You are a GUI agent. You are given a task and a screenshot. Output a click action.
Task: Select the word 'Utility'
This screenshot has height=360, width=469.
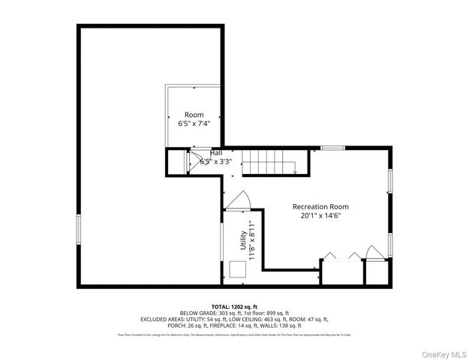point(242,241)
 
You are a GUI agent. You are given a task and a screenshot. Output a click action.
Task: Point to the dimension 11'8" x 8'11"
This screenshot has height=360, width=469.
point(252,241)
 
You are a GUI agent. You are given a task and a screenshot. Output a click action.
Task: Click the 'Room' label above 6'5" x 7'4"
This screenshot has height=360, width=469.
point(194,115)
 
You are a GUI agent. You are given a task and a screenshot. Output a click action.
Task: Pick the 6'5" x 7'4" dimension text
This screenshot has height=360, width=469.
point(194,124)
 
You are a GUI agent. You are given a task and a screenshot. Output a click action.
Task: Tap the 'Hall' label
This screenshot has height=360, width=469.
point(215,153)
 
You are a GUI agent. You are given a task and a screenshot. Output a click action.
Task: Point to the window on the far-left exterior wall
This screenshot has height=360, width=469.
point(78,229)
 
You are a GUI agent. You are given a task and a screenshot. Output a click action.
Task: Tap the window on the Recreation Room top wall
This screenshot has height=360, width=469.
point(333,148)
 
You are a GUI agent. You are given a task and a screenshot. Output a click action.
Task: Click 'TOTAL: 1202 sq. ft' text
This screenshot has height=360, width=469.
point(234,307)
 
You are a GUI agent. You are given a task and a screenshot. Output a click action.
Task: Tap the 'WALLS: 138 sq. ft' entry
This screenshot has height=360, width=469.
point(284,325)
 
